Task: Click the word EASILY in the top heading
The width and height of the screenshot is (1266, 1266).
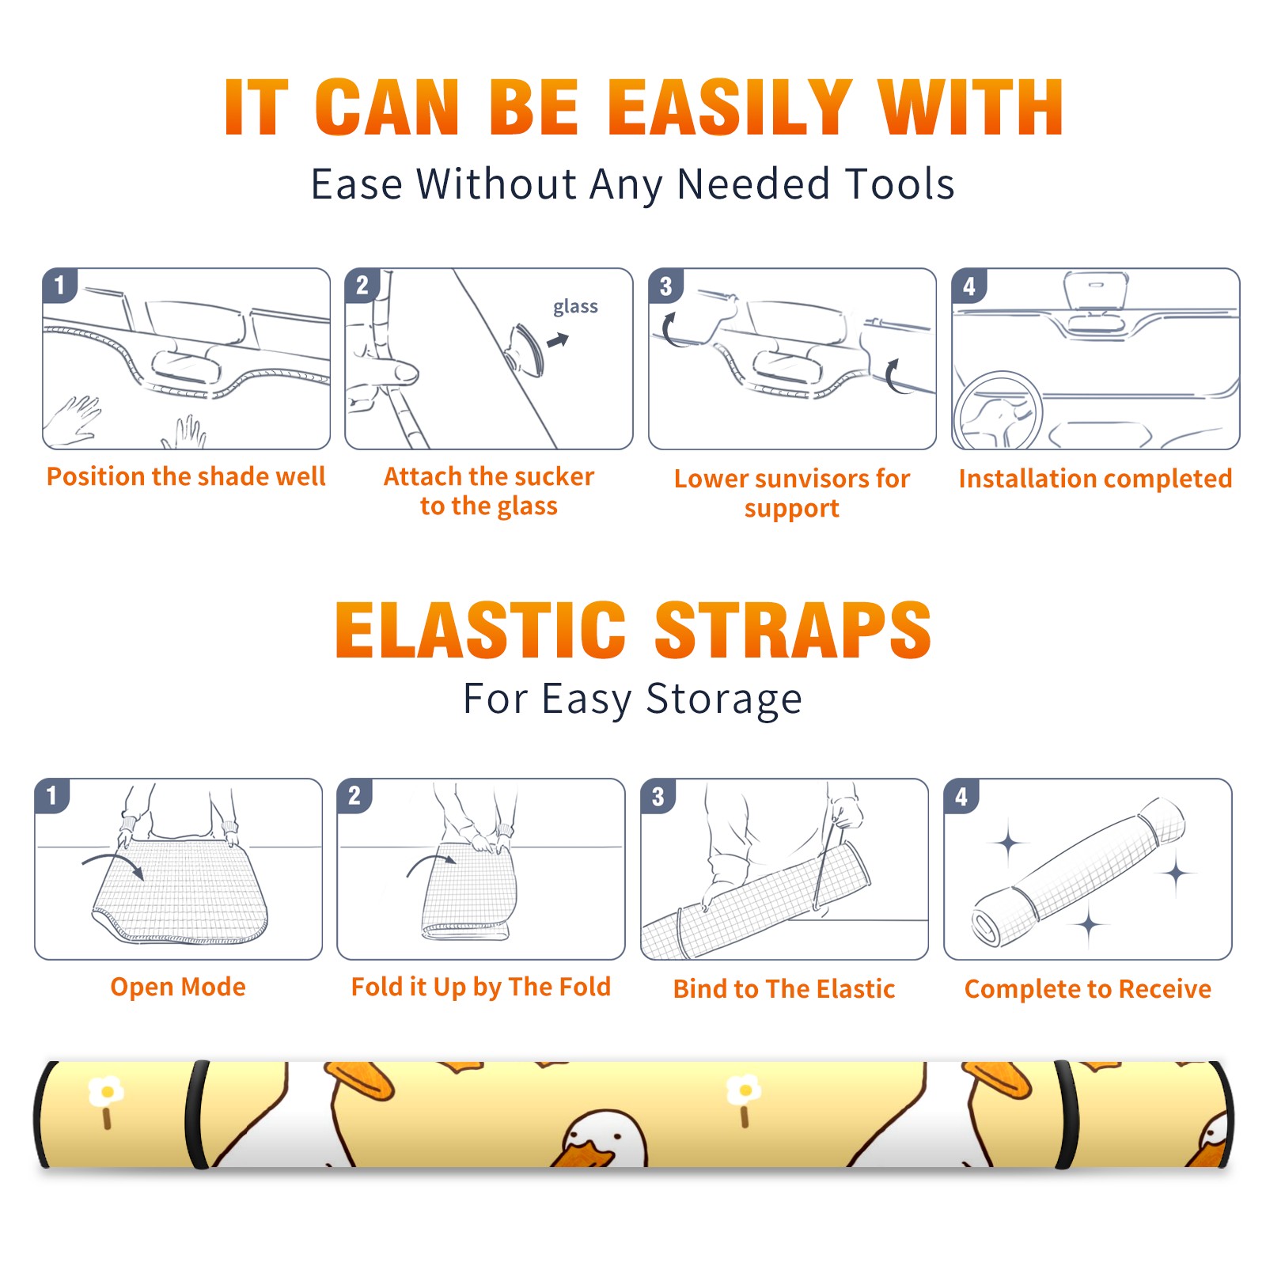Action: [730, 108]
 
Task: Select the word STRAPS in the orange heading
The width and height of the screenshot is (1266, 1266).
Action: [793, 630]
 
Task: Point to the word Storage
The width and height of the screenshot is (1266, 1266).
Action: [724, 700]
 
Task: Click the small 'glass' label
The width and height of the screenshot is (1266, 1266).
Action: [575, 307]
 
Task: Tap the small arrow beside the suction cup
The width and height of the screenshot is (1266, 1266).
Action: [559, 340]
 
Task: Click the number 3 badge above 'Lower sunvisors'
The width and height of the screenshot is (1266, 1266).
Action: [665, 286]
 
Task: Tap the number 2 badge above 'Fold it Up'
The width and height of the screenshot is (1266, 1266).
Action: [354, 795]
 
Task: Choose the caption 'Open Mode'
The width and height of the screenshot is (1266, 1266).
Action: [178, 987]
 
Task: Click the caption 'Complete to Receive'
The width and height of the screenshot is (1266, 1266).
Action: [1088, 989]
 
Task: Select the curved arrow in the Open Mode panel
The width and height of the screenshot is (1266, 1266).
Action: [113, 862]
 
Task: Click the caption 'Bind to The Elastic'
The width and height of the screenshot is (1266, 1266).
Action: [784, 989]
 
